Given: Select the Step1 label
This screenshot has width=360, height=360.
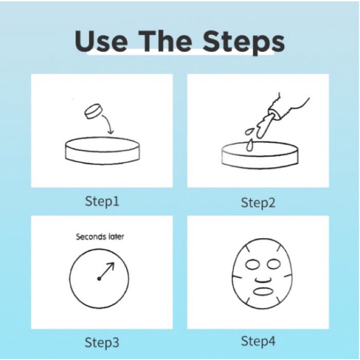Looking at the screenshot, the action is [102, 201].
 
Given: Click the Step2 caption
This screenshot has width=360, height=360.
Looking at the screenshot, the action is [258, 203].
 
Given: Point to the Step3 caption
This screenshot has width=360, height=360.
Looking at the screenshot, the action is [102, 342].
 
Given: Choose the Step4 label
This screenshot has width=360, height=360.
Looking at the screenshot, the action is [258, 341].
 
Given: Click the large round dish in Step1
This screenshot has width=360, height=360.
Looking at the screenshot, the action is [103, 151].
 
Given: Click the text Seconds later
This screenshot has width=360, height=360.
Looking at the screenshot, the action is [100, 237].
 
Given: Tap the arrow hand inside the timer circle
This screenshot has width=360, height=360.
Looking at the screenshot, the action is [107, 271].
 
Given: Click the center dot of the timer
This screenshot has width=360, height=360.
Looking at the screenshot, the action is [99, 279].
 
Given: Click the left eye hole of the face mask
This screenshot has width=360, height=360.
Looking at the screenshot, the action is [253, 264].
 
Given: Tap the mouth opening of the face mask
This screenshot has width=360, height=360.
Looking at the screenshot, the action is [263, 291].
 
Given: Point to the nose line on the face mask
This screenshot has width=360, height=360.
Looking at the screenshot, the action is [263, 280].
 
